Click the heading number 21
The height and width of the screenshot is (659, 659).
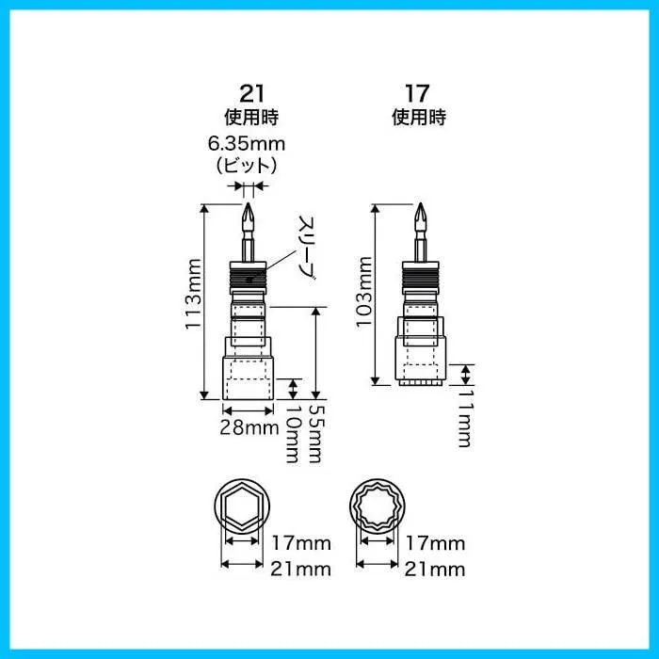coord(252,93)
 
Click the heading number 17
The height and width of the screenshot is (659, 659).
coord(417,93)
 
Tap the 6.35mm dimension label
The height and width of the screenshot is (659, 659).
coord(247,144)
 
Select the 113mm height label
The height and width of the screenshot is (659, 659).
coord(194,294)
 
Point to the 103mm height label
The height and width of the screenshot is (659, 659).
coord(363,290)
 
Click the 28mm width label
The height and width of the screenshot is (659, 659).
coord(249,427)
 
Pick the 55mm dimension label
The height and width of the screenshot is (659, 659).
coord(317,434)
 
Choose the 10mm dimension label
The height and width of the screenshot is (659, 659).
coord(293,434)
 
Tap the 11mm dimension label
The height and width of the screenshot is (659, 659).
coord(465,418)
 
